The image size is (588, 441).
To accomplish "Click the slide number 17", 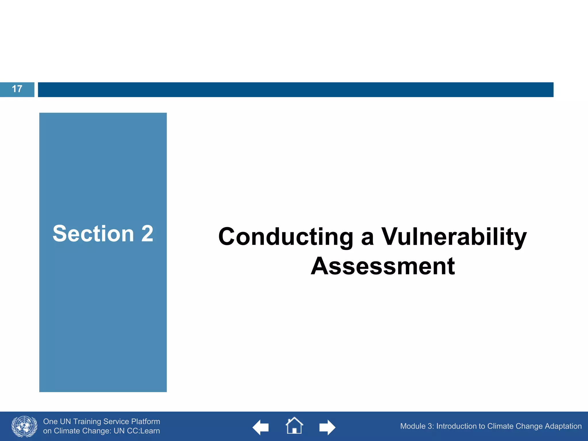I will pos(17,89).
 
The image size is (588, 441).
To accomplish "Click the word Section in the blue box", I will pos(93,234).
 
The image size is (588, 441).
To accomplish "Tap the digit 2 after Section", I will pos(147,234).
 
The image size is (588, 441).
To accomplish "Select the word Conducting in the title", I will pos(286,237).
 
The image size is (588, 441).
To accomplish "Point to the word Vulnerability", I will pos(454,237).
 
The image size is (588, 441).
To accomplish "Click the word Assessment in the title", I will pos(383,266).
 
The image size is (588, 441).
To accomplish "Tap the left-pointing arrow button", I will pos(261,427).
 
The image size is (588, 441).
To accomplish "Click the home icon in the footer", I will pos(294,425).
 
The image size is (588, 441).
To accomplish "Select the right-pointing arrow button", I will pos(327,427).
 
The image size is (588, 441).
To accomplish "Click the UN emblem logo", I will pos(24,426).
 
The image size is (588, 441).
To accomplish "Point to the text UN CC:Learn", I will pos(137,431).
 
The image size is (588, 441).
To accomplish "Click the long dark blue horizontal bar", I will pos(295,90).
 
